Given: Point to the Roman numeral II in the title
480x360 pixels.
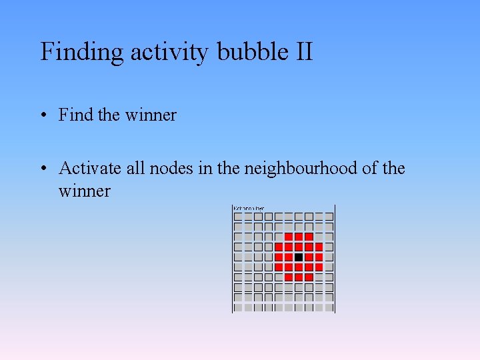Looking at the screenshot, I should click(x=302, y=52).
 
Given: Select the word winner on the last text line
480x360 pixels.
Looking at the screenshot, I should click(x=84, y=191).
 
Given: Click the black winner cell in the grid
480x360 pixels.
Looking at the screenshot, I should click(x=299, y=257).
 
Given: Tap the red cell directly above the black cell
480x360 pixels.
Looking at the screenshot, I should click(x=299, y=247).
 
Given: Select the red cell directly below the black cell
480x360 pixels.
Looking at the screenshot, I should click(x=299, y=267).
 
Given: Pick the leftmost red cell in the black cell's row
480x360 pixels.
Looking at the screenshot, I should click(x=279, y=257).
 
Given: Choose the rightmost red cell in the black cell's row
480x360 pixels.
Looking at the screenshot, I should click(x=319, y=257).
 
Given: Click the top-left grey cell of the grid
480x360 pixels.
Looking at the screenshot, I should click(x=238, y=217).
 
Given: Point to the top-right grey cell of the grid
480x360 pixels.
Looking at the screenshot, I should click(x=329, y=217).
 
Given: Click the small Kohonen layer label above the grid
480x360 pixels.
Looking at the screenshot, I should click(x=249, y=209).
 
